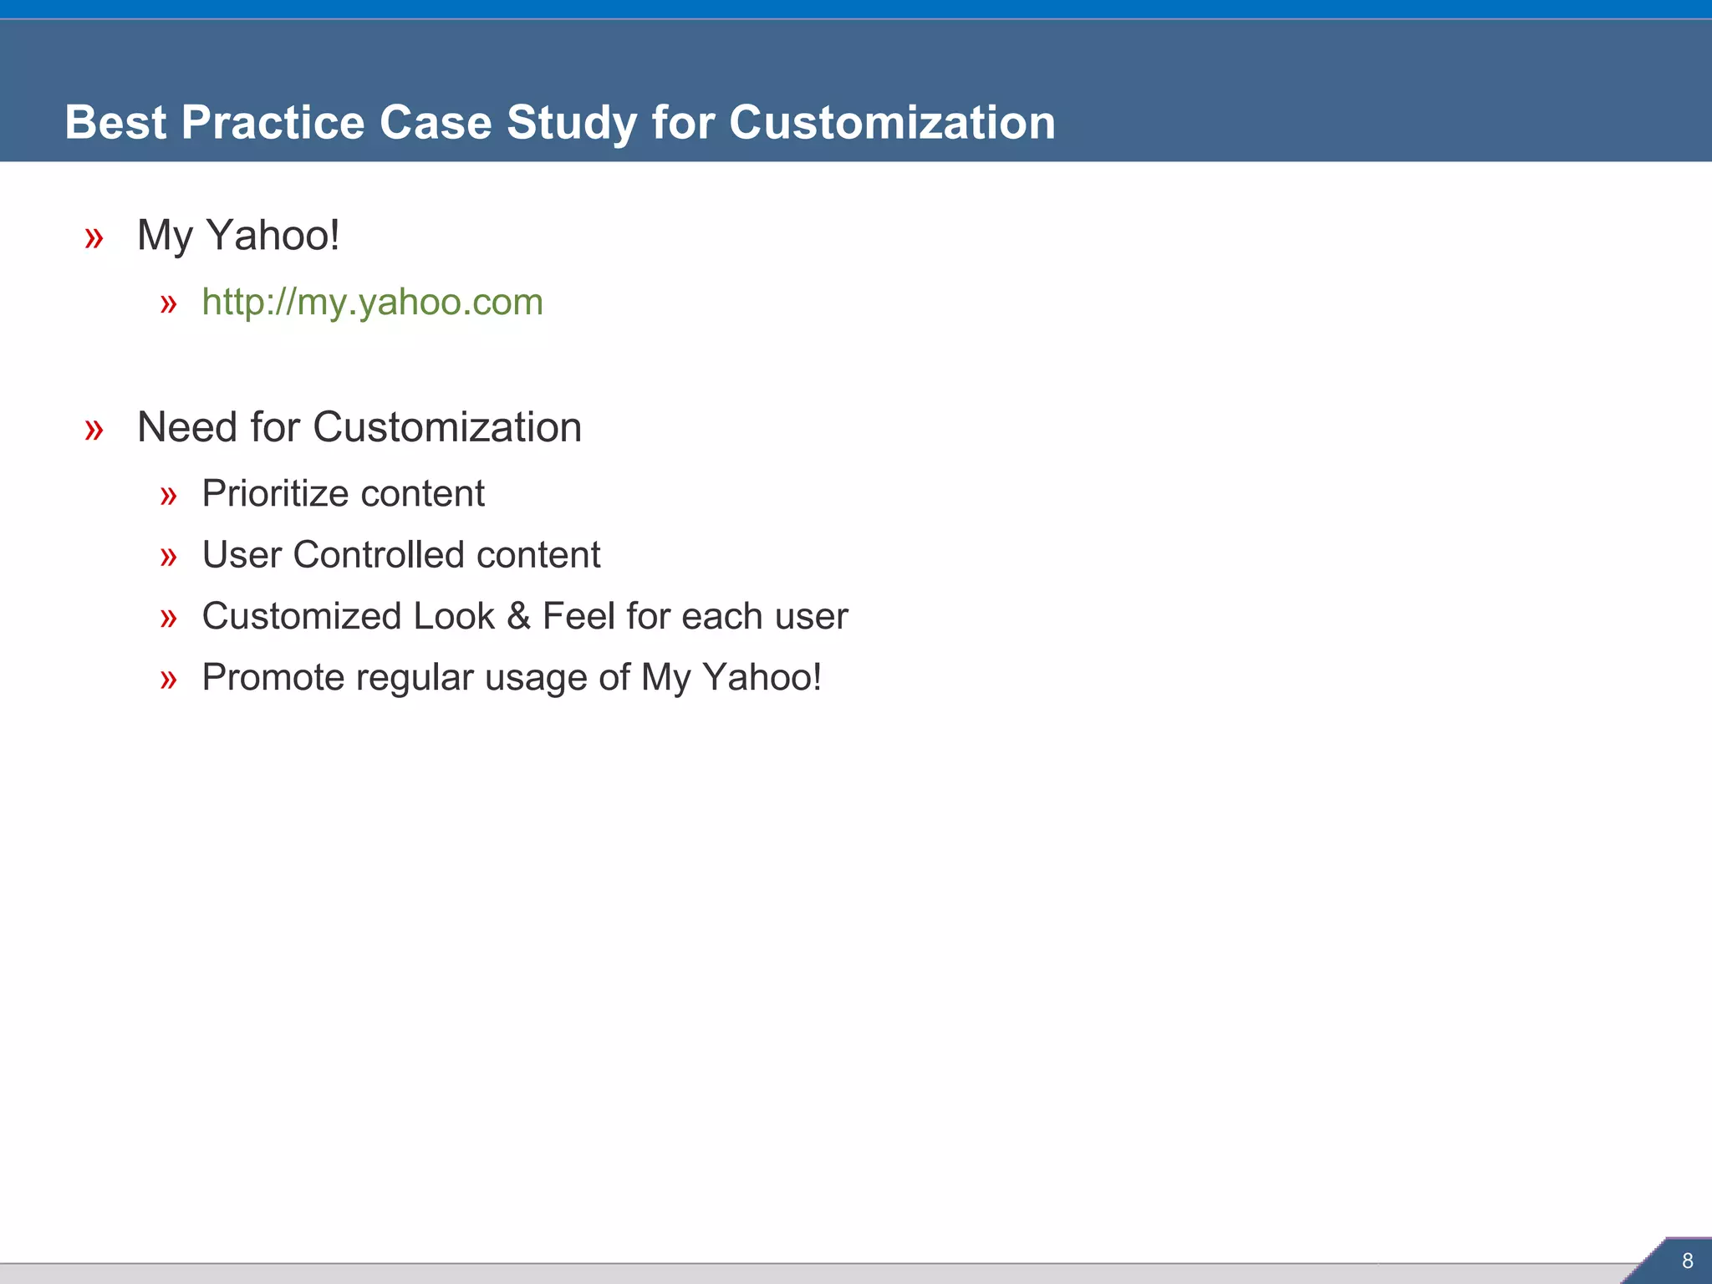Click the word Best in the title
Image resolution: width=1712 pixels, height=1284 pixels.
pos(115,123)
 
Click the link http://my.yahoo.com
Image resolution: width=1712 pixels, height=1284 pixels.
pos(372,302)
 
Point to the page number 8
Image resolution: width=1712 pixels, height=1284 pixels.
pos(1687,1261)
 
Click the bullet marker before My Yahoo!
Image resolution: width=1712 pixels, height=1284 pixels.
pos(94,238)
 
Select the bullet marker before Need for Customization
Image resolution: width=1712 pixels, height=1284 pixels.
pos(94,430)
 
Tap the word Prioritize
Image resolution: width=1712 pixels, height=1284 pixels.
pos(275,493)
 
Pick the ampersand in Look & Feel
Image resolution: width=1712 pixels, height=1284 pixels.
pos(518,617)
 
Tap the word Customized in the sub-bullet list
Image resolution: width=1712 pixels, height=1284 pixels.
pos(302,617)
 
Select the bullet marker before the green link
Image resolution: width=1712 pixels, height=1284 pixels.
pos(169,304)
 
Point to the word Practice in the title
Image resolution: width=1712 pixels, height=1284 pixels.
pos(273,123)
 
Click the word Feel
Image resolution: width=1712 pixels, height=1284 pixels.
pos(578,616)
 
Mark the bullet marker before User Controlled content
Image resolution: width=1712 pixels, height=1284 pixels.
pos(169,557)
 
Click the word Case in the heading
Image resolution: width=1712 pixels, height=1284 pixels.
pos(436,123)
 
